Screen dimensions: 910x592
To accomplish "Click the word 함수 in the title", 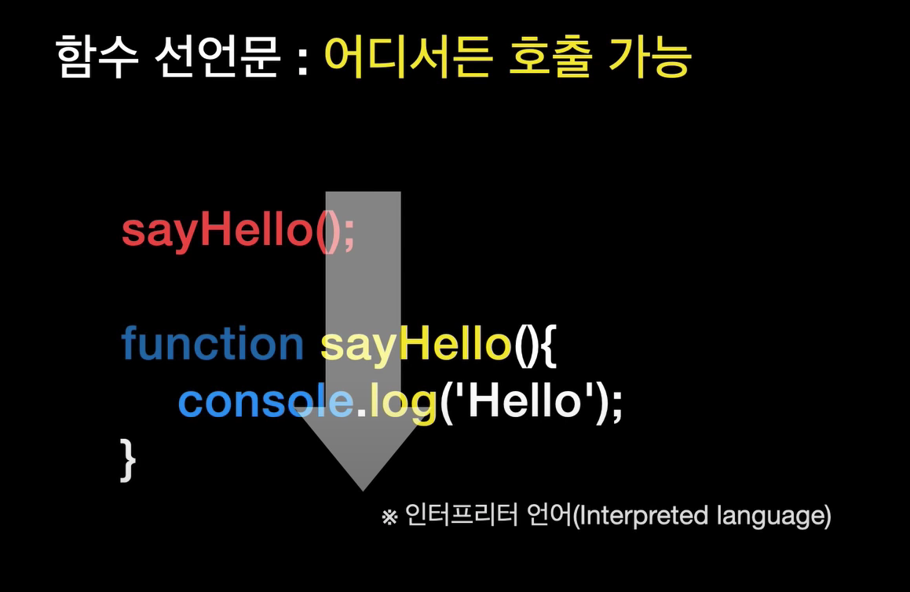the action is pos(97,57).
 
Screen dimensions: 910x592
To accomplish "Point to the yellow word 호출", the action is pos(550,57).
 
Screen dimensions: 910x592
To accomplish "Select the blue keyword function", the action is pos(213,344).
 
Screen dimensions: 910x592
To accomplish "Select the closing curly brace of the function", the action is pos(128,460).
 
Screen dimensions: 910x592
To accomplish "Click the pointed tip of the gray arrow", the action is pos(364,491).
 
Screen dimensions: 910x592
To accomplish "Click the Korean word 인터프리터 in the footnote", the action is pos(462,515).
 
